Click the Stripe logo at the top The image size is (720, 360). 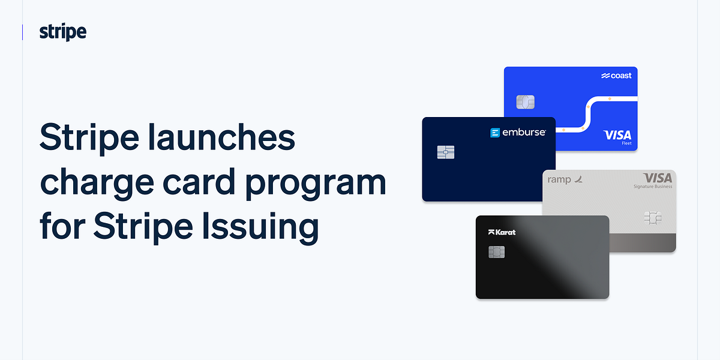[63, 32]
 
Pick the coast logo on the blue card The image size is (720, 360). [616, 76]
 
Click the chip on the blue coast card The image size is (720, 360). [525, 102]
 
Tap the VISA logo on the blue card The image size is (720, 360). [617, 135]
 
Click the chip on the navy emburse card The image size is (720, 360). [446, 152]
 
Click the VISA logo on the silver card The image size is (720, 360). [658, 178]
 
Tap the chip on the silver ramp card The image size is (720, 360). [653, 217]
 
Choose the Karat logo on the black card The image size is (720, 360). [502, 232]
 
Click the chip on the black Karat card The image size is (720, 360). [496, 251]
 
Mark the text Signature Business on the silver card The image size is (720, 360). [653, 187]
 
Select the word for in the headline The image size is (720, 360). [61, 227]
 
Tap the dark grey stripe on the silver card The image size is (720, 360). [643, 242]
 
